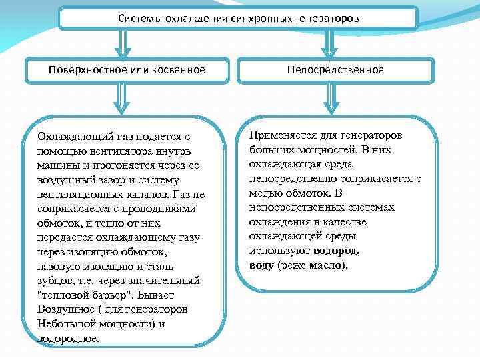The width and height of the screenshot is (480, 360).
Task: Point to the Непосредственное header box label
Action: click(x=335, y=70)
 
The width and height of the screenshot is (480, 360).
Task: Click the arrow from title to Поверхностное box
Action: click(x=122, y=44)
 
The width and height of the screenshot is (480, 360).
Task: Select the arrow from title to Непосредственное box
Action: click(x=328, y=44)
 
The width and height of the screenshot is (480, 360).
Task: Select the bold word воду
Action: click(x=261, y=265)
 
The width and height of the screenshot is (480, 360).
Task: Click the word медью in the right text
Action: click(x=265, y=193)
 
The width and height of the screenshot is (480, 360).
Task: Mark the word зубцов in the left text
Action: click(x=55, y=281)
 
